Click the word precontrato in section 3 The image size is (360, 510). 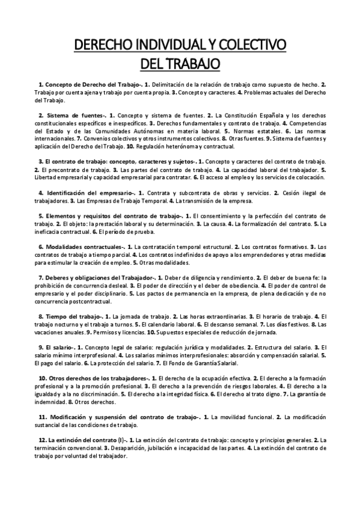(64, 171)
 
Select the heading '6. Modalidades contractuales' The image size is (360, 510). (83, 247)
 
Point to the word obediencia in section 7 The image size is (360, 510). (240, 286)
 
